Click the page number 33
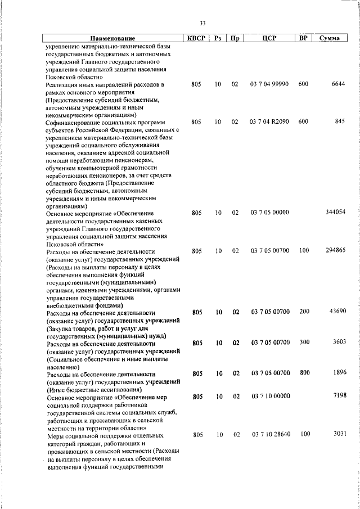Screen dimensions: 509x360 pyautogui.click(x=202, y=23)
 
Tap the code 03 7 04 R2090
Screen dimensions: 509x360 pyautogui.click(x=269, y=121)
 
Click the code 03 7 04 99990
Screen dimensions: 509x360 pyautogui.click(x=269, y=84)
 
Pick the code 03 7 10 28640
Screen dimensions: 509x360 pyautogui.click(x=270, y=434)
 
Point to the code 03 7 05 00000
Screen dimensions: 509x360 pyautogui.click(x=270, y=212)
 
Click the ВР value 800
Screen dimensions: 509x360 pyautogui.click(x=304, y=372)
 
